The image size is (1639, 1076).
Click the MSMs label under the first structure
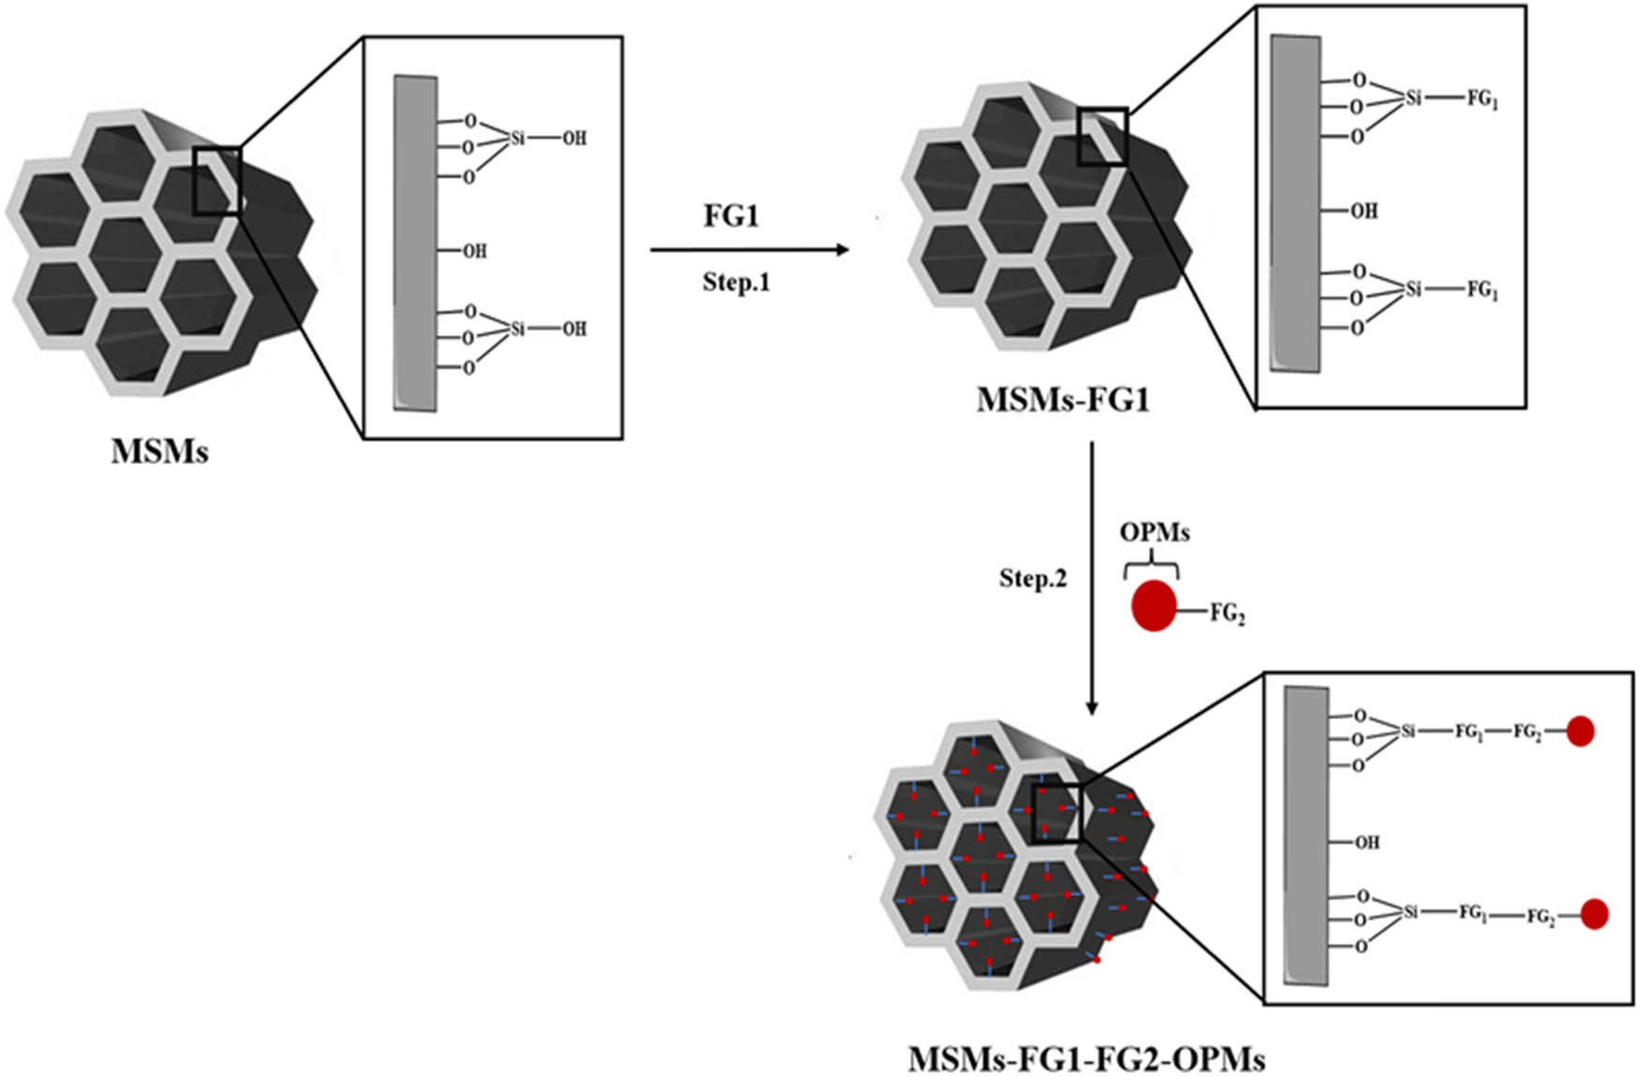point(159,451)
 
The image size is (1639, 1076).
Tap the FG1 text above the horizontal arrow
point(731,215)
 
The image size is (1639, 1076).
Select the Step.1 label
point(736,282)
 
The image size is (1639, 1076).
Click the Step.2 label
point(1032,579)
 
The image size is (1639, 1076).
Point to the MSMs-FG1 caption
point(1062,401)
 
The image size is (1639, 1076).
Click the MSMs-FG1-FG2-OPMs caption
point(1086,1059)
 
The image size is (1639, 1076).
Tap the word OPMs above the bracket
point(1154,532)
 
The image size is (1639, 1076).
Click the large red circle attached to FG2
point(1153,606)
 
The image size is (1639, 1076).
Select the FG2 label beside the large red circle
point(1227,613)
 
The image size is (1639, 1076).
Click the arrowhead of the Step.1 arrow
point(843,249)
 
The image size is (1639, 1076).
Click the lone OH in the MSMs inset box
point(474,251)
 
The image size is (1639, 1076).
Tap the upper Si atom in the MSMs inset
point(517,138)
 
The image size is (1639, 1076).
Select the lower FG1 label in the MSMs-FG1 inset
point(1482,290)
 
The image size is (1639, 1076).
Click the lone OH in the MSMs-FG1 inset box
point(1363,211)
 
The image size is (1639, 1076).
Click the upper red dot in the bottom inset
point(1580,731)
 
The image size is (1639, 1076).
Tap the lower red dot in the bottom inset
point(1594,914)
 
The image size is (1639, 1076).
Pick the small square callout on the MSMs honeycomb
point(216,181)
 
